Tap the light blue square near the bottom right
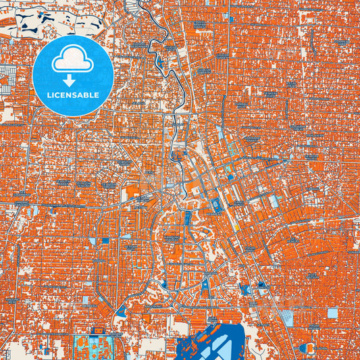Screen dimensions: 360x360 pos(332,313)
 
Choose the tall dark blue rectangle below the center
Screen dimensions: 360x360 pos(188,218)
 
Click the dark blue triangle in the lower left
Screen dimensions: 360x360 pos(120,310)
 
